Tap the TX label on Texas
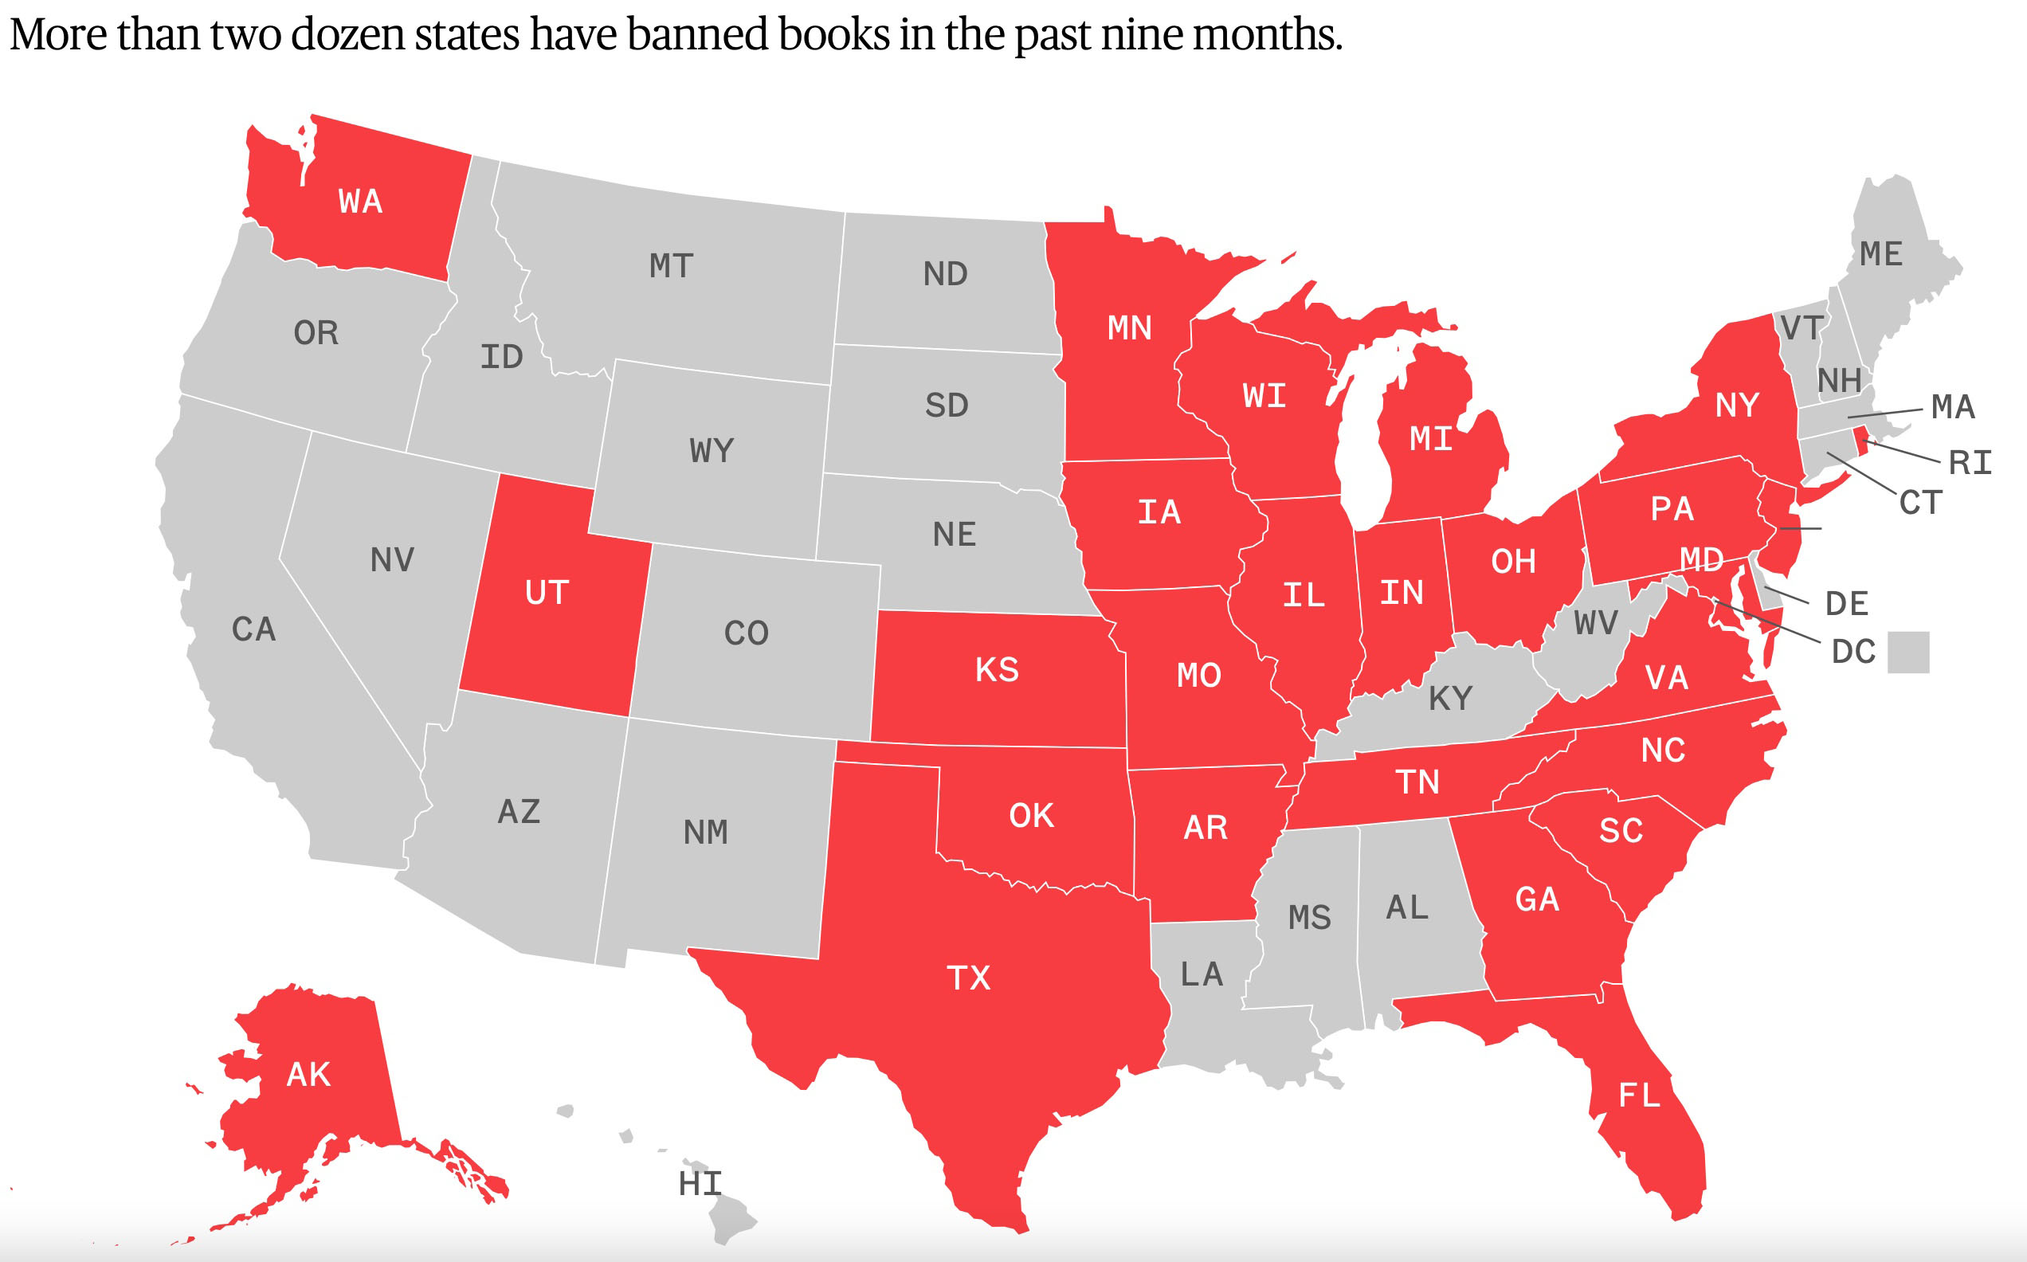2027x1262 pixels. point(968,978)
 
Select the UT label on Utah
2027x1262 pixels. point(547,593)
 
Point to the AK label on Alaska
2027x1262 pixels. point(309,1074)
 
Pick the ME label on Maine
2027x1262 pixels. point(1881,253)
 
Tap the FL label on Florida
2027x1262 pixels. point(1639,1095)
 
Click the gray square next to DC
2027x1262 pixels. point(1908,652)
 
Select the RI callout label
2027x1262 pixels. point(1970,462)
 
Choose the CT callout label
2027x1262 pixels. point(1921,503)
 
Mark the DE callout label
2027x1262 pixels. point(1847,603)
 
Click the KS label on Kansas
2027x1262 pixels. point(997,669)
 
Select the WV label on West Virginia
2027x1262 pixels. point(1596,623)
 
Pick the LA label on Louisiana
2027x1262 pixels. point(1202,974)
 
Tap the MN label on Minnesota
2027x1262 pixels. point(1129,328)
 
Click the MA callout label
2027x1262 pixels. point(1953,407)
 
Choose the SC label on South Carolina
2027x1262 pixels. point(1621,830)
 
